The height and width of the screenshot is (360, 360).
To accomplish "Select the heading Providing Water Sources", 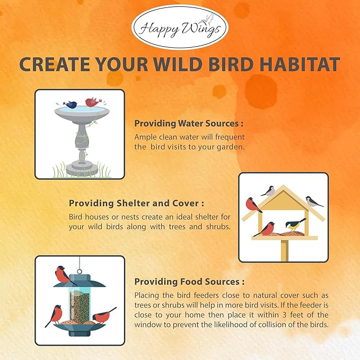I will point(189,123).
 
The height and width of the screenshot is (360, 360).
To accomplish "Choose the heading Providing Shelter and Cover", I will point(136,203).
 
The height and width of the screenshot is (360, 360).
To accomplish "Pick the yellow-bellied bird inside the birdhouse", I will point(295,224).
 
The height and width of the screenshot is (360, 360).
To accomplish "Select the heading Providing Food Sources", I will point(189,282).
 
